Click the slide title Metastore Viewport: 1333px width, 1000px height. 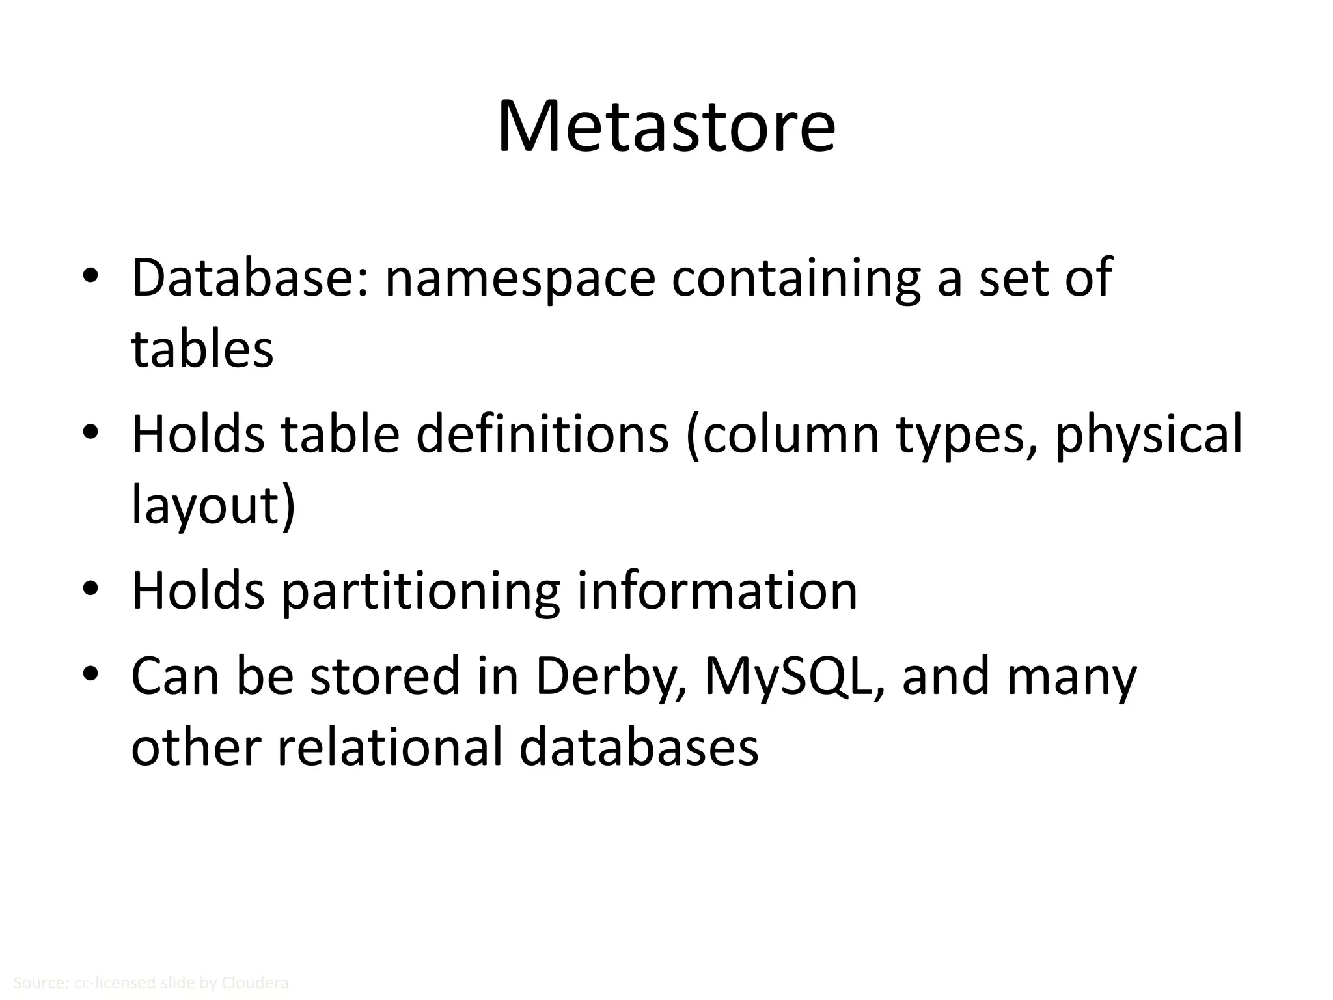click(666, 127)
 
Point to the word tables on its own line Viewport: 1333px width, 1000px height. click(202, 350)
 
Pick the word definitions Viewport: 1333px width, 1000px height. click(542, 435)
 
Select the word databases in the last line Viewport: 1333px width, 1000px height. click(639, 747)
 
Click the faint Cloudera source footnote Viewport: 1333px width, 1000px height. click(150, 983)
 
